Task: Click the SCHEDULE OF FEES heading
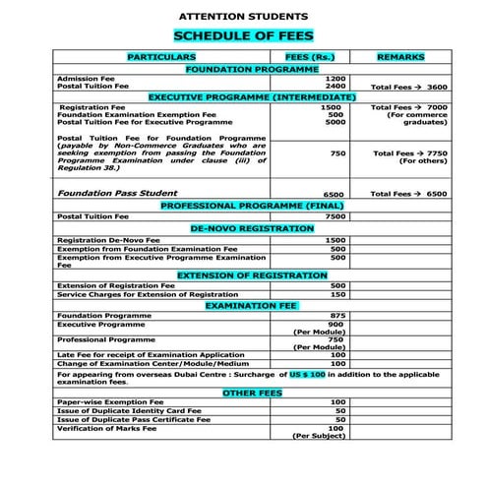(242, 36)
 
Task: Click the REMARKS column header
(399, 58)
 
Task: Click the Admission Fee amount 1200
(336, 79)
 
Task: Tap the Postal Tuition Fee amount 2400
(336, 87)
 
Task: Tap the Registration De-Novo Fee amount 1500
(336, 240)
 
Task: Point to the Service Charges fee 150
(337, 294)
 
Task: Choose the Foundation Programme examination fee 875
(336, 316)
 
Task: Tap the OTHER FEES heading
(252, 393)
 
